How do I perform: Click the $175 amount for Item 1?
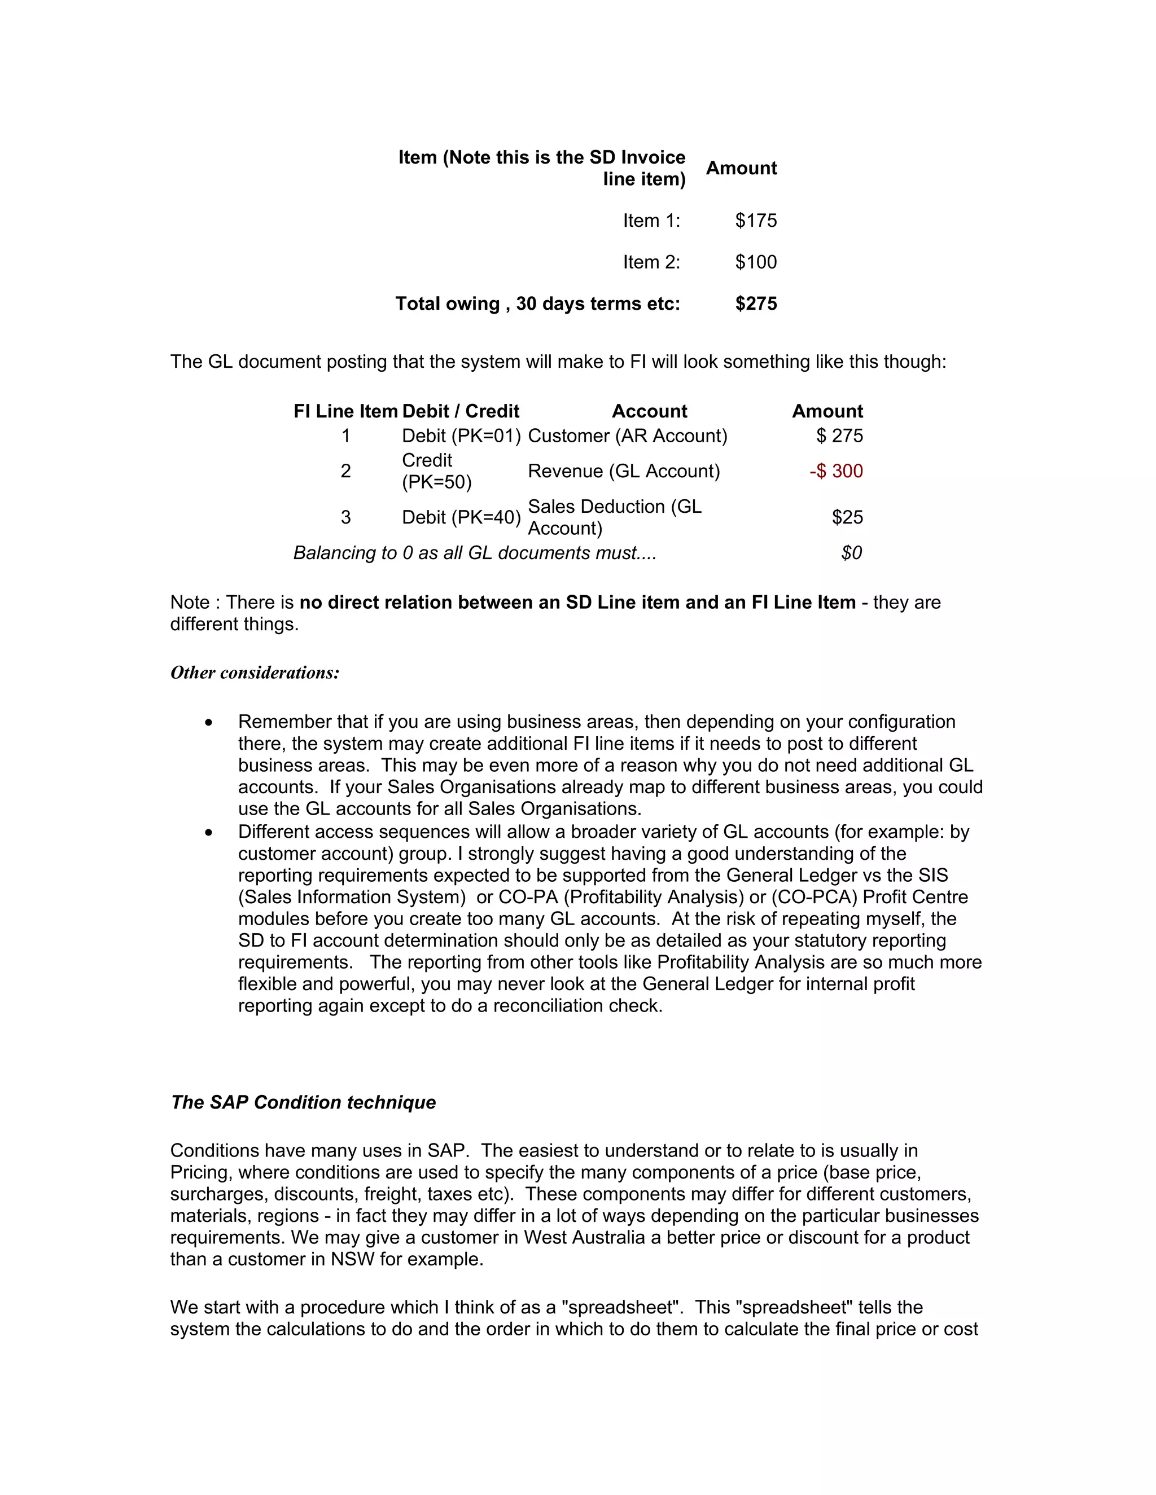coord(755,221)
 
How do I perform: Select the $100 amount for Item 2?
coord(755,262)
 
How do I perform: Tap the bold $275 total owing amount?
coord(755,304)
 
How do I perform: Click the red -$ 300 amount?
coord(835,471)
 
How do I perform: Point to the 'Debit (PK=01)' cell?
coord(461,436)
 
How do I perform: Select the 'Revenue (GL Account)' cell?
coord(623,471)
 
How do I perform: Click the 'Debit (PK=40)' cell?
coord(461,517)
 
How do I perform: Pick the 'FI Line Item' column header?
coord(345,411)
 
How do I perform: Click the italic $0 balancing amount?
coord(851,553)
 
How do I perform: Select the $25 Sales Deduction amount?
coord(847,517)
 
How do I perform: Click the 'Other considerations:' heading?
coord(255,673)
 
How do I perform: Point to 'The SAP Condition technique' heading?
coord(303,1103)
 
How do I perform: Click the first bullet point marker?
coord(209,723)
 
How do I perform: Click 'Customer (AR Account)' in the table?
coord(627,436)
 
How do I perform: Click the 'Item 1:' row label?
coord(651,221)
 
